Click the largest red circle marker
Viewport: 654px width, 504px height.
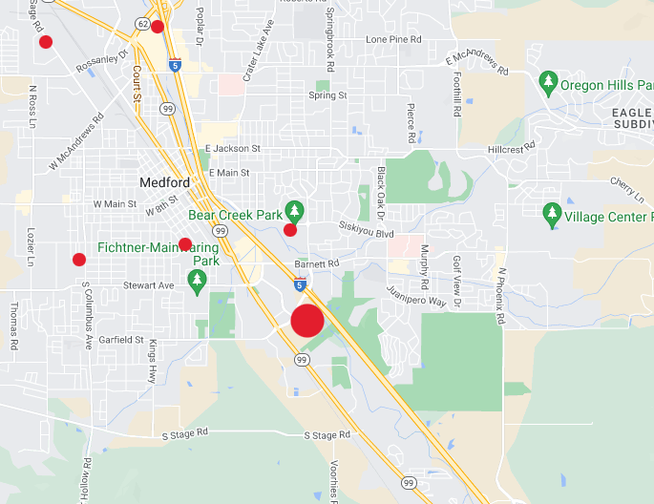pyautogui.click(x=307, y=321)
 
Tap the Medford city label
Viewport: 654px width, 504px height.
pyautogui.click(x=165, y=182)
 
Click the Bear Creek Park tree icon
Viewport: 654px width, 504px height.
pyautogui.click(x=294, y=210)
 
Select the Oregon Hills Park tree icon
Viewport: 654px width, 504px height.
pyautogui.click(x=548, y=84)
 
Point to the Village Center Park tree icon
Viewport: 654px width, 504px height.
pyautogui.click(x=551, y=214)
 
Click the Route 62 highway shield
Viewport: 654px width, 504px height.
pyautogui.click(x=142, y=23)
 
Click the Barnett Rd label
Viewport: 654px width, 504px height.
pyautogui.click(x=317, y=263)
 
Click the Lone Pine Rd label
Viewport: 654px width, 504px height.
pyautogui.click(x=393, y=39)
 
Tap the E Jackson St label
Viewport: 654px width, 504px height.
pyautogui.click(x=233, y=149)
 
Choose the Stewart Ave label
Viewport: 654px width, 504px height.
pyautogui.click(x=149, y=285)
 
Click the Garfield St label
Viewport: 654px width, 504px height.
pyautogui.click(x=121, y=339)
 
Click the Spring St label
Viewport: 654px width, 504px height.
pyautogui.click(x=328, y=95)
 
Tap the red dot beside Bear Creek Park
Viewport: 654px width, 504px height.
pyautogui.click(x=290, y=230)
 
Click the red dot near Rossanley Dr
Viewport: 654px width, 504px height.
pyautogui.click(x=45, y=41)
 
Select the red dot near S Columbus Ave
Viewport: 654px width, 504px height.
pyautogui.click(x=79, y=259)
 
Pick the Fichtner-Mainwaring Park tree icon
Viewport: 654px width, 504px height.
pyautogui.click(x=198, y=281)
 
